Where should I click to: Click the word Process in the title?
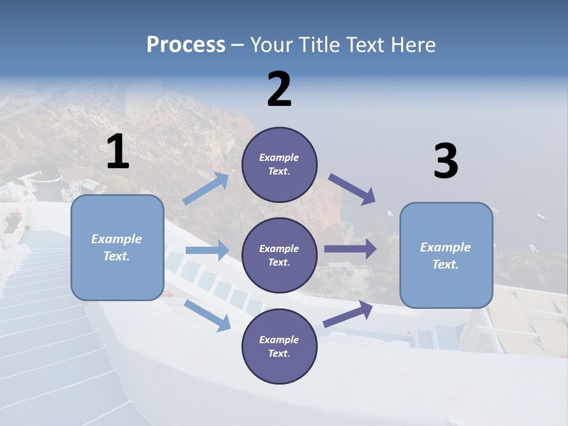(186, 44)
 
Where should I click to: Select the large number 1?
(118, 152)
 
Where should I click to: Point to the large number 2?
(279, 89)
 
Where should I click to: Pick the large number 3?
(446, 162)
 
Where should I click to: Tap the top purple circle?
(279, 164)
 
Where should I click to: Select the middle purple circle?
(279, 256)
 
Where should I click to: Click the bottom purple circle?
(279, 347)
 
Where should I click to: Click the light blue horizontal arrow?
(207, 250)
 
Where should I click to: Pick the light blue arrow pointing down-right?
(208, 315)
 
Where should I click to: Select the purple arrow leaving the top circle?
(353, 189)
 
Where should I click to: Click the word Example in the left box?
(117, 239)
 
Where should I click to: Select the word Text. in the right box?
(446, 264)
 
